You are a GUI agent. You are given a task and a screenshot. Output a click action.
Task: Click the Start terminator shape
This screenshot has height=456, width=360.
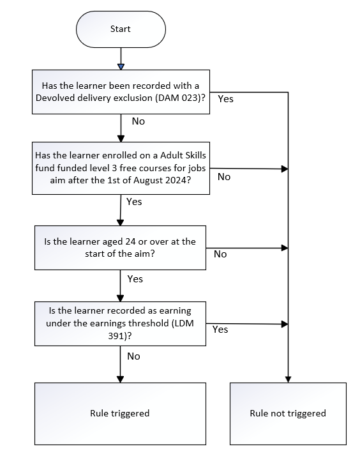pyautogui.click(x=121, y=29)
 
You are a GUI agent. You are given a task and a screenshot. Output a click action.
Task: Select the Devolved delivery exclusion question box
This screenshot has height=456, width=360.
pyautogui.click(x=121, y=92)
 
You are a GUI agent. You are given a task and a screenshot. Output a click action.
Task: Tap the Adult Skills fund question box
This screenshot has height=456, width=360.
pyautogui.click(x=121, y=168)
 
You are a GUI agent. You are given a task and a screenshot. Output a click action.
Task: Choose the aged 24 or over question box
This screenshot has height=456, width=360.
pyautogui.click(x=120, y=248)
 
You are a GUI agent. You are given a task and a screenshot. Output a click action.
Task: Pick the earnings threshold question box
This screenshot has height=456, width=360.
pyautogui.click(x=120, y=324)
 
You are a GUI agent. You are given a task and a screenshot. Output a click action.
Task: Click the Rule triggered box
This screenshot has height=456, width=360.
pyautogui.click(x=120, y=414)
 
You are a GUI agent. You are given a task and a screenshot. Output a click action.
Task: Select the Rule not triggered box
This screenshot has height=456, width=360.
pyautogui.click(x=288, y=414)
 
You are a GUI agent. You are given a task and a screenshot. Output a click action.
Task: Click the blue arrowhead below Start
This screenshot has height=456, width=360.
pyautogui.click(x=121, y=67)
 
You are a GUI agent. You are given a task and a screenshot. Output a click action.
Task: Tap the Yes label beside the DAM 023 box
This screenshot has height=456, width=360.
pyautogui.click(x=226, y=99)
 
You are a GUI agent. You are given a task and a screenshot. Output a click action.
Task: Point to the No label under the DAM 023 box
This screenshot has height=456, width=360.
pyautogui.click(x=139, y=121)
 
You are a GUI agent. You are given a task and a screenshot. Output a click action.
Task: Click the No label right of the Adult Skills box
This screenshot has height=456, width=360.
pyautogui.click(x=224, y=176)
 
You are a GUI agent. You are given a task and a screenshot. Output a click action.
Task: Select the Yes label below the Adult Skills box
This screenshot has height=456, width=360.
pyautogui.click(x=134, y=202)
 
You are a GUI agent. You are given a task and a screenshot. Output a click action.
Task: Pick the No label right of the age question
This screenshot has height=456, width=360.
pyautogui.click(x=220, y=254)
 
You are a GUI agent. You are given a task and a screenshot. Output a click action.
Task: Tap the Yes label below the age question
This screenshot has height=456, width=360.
pyautogui.click(x=135, y=279)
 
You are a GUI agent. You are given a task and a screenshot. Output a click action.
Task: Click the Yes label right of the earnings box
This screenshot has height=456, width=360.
pyautogui.click(x=220, y=329)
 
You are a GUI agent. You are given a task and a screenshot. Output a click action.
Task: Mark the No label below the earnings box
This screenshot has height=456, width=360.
pyautogui.click(x=133, y=356)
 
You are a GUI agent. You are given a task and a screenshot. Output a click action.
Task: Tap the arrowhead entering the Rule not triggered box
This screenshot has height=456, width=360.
pyautogui.click(x=288, y=379)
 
